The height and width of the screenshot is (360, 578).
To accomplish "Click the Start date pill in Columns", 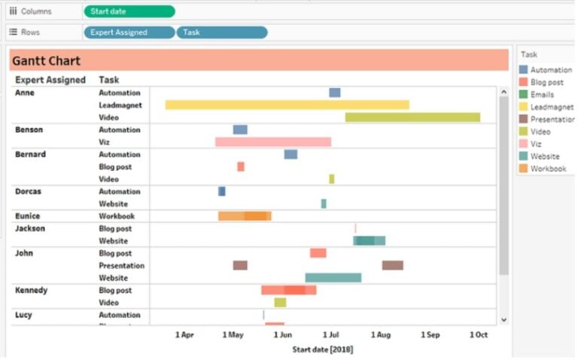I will (x=129, y=11).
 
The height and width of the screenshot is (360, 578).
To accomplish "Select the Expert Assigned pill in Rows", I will (x=129, y=32).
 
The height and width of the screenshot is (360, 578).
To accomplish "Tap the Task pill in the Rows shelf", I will (x=221, y=32).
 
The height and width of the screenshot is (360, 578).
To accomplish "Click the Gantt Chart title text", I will (x=47, y=61).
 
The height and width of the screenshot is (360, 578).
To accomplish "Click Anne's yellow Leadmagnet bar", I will (x=287, y=105).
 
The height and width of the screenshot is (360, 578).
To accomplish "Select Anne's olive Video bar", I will (x=412, y=117).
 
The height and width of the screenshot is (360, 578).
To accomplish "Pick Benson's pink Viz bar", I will (x=272, y=142).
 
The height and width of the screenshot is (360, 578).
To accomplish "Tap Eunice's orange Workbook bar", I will (x=245, y=216).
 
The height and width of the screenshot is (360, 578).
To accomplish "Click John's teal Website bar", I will (x=333, y=278).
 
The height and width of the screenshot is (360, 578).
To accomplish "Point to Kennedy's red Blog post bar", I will (x=288, y=290).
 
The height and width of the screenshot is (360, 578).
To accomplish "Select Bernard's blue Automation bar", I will (x=291, y=154).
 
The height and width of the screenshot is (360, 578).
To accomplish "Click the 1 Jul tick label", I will (x=331, y=334).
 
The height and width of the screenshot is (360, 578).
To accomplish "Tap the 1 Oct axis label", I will (x=479, y=334).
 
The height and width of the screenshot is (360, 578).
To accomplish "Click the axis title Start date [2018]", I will (x=322, y=349).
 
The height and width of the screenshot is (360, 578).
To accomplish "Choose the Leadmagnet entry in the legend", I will (x=551, y=107).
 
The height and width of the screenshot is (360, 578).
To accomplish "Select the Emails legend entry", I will (x=542, y=95).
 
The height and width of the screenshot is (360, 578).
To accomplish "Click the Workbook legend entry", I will (x=548, y=169).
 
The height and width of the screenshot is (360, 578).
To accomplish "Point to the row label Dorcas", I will (x=29, y=191).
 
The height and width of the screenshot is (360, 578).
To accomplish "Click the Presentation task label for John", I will (x=121, y=266).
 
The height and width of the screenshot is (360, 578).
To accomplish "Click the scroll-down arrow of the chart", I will (x=503, y=320).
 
